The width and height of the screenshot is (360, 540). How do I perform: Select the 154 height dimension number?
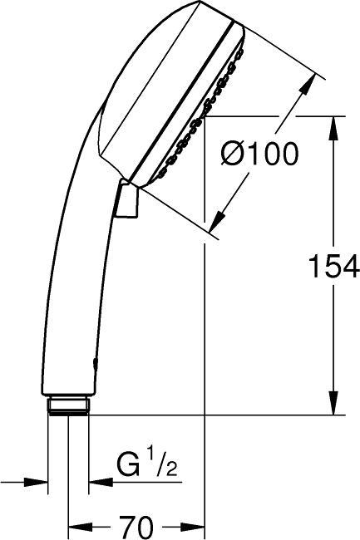(333, 267)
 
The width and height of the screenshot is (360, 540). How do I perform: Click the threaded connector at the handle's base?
(69, 405)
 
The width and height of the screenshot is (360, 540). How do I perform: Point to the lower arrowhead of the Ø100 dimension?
(215, 219)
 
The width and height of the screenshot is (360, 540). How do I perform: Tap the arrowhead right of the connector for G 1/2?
(97, 481)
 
